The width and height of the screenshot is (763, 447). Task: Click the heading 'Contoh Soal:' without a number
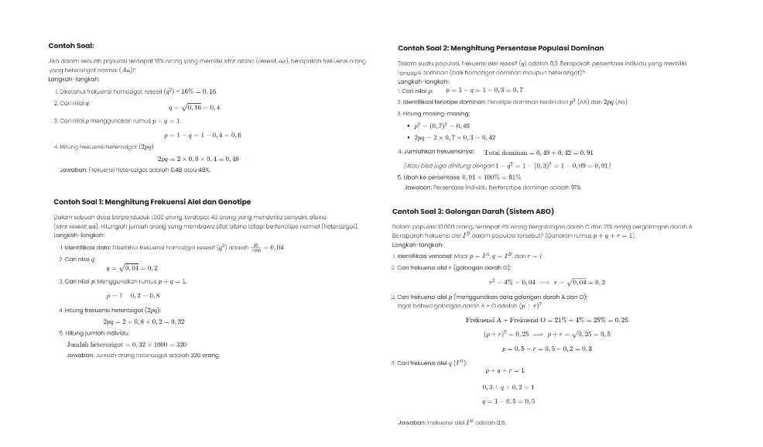[70, 46]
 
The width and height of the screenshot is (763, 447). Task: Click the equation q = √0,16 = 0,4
[194, 108]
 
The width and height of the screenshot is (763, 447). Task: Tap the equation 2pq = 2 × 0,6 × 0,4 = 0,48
[198, 159]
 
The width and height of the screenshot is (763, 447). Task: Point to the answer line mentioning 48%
[135, 169]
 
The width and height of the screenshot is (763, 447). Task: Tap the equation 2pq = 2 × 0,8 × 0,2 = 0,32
[144, 321]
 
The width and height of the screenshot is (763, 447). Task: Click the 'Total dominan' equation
[539, 153]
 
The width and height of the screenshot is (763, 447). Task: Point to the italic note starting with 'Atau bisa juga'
[508, 165]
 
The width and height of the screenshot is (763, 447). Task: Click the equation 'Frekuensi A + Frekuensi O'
[547, 320]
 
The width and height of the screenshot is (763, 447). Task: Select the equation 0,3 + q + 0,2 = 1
[508, 387]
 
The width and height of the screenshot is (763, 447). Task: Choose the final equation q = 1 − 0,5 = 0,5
[508, 401]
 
